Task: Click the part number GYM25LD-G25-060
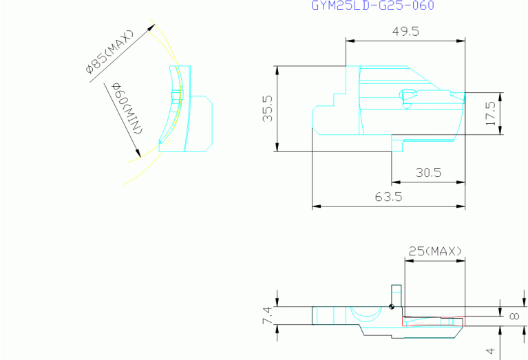click(372, 6)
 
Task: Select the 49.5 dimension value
click(405, 31)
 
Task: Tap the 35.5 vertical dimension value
click(268, 109)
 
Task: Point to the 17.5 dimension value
click(492, 114)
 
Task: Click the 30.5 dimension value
click(428, 172)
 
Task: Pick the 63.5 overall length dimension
click(388, 196)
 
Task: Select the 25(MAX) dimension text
click(435, 251)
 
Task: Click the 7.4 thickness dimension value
click(267, 315)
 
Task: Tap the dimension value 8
click(514, 316)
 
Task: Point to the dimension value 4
click(492, 351)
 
